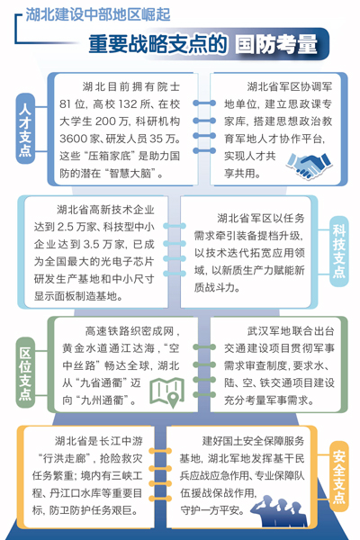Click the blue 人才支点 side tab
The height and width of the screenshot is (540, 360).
pos(26,128)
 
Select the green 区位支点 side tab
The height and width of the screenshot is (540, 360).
pos(26,372)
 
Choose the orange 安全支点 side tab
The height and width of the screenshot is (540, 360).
pos(339,476)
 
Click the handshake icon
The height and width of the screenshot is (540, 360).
pos(309,165)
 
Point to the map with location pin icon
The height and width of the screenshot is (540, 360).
pos(167,391)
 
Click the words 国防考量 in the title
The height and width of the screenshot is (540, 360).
pos(276,44)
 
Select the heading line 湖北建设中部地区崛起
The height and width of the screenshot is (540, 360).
pos(98,14)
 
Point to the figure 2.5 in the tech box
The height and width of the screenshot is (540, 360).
pos(66,227)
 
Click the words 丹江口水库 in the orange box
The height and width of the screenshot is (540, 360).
pos(70,493)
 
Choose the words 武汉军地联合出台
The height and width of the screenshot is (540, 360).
pos(291,331)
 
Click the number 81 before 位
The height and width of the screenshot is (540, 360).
pos(65,104)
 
